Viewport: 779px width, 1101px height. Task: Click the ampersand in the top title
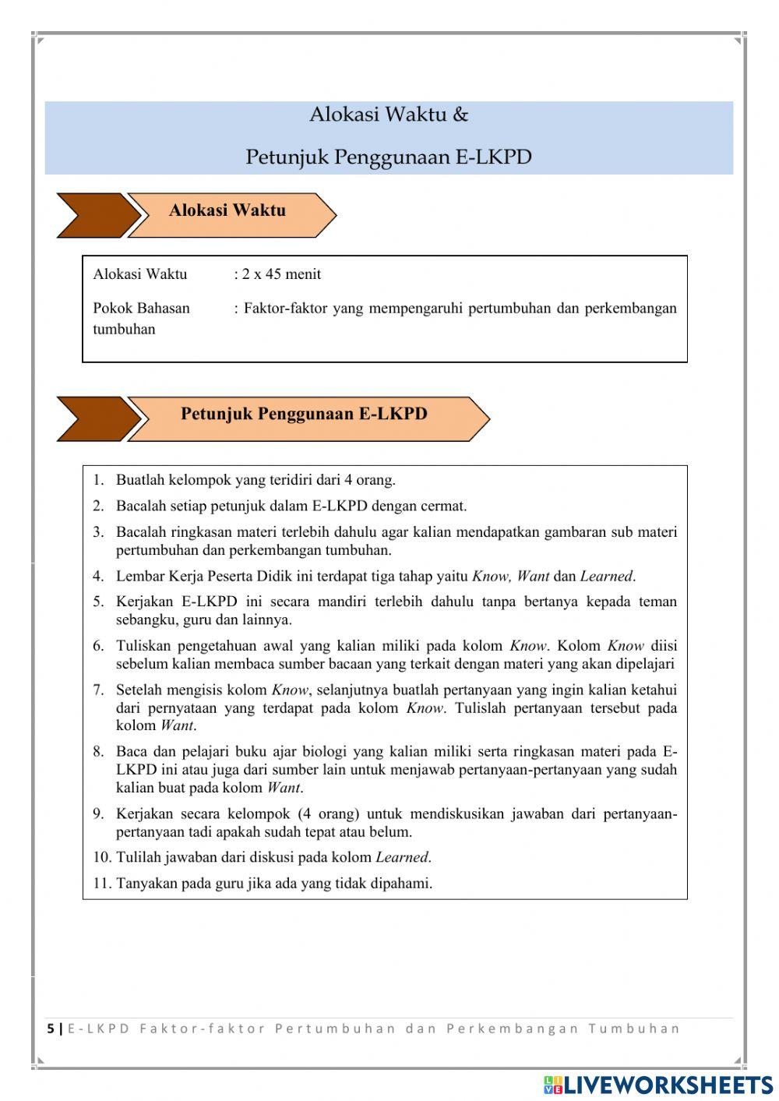tap(460, 115)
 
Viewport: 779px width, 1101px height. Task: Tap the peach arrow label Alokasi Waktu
tap(228, 210)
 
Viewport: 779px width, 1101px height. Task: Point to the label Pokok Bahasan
tap(141, 308)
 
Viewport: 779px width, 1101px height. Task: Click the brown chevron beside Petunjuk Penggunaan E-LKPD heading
tap(93, 418)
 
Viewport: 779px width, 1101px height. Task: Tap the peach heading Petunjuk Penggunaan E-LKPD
tap(304, 414)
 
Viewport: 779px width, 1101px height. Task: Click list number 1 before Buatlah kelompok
tap(99, 480)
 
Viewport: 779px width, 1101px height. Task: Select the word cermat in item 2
tap(443, 506)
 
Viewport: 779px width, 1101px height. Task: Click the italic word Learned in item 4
tap(606, 577)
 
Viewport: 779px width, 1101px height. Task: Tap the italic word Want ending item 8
tap(284, 788)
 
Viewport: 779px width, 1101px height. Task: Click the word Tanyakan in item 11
tap(146, 884)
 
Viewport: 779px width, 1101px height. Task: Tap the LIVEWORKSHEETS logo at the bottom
tap(658, 1085)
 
